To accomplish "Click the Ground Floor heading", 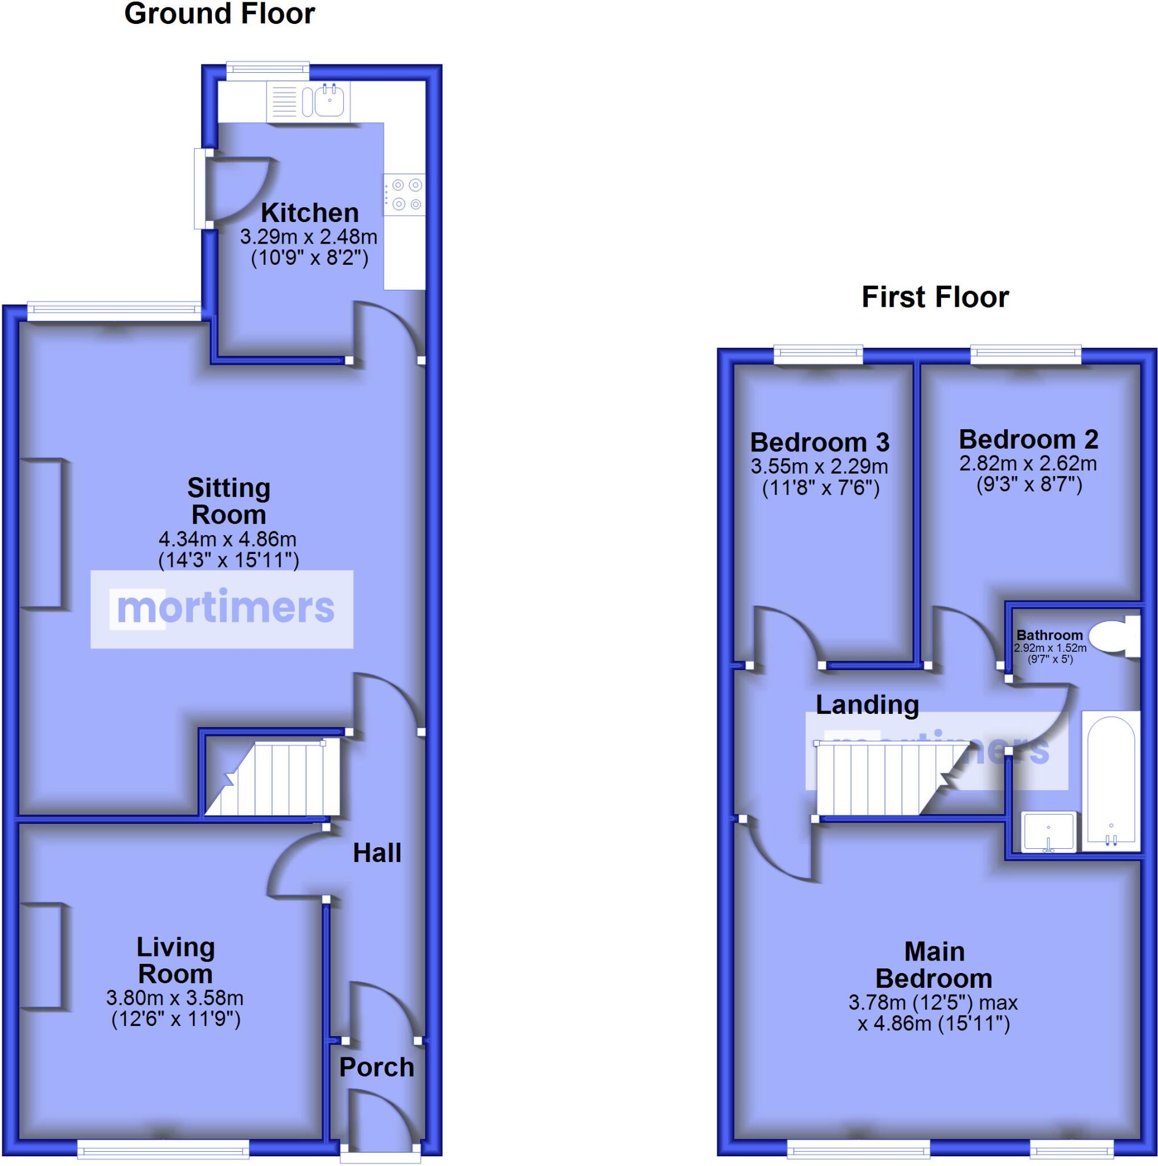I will (x=219, y=14).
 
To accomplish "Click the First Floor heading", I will (x=935, y=297).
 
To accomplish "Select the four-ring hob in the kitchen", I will (x=404, y=194).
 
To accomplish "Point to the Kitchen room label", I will (x=310, y=213).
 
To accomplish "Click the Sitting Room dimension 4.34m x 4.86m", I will (x=228, y=539).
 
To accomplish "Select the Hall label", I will (x=377, y=853).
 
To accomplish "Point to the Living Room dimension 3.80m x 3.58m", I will (x=175, y=997).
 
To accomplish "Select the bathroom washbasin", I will (x=1048, y=831).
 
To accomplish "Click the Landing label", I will (x=867, y=704).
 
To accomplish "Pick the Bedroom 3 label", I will (x=819, y=442).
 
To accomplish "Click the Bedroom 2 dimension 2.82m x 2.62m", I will (x=1028, y=463).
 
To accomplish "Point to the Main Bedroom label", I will (x=934, y=965).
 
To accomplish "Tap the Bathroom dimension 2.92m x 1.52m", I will (x=1050, y=647).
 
